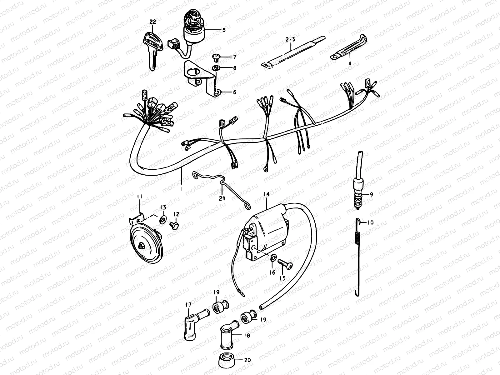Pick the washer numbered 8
pyautogui.click(x=215, y=68)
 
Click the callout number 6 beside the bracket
pyautogui.click(x=234, y=92)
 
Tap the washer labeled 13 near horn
pyautogui.click(x=163, y=218)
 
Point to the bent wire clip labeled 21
pyautogui.click(x=220, y=191)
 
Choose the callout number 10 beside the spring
pyautogui.click(x=370, y=222)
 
